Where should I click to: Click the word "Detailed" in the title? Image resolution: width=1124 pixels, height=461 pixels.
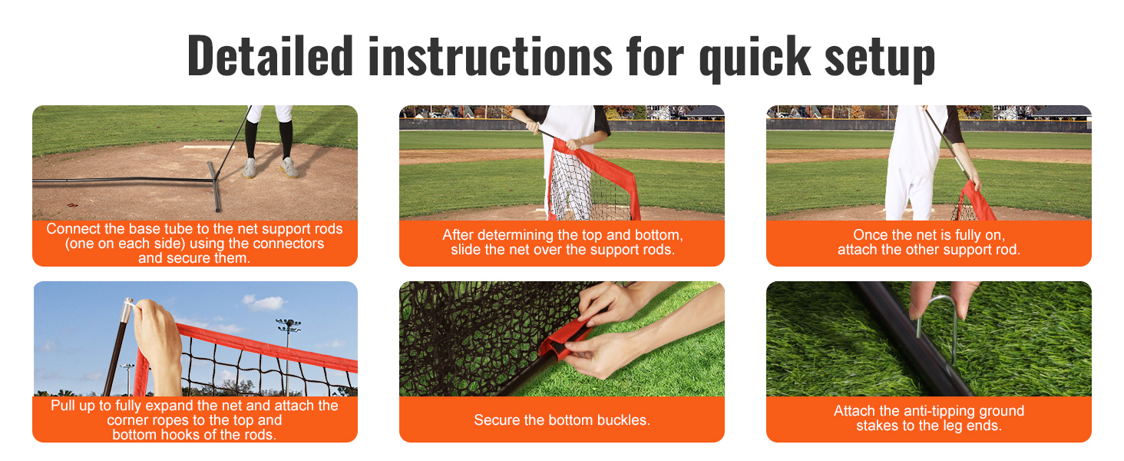coord(270,55)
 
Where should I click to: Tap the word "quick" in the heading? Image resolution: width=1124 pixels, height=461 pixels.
coord(755,58)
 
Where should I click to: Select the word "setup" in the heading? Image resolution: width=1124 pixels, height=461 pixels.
coord(880,59)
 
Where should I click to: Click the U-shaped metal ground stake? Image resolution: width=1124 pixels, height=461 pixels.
coord(937,321)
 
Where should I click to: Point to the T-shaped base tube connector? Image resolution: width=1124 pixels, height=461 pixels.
coord(213,186)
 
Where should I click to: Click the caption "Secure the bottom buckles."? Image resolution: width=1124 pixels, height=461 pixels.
coord(561,420)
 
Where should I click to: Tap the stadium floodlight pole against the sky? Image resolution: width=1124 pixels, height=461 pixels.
coord(288,352)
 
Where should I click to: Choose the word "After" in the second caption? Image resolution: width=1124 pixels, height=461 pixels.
coord(458,234)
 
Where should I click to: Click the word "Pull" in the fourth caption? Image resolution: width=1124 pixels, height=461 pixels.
coord(62,405)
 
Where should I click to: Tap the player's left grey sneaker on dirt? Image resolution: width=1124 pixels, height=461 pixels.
coord(250,168)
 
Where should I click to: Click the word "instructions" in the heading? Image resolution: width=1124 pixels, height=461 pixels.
coord(491,55)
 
